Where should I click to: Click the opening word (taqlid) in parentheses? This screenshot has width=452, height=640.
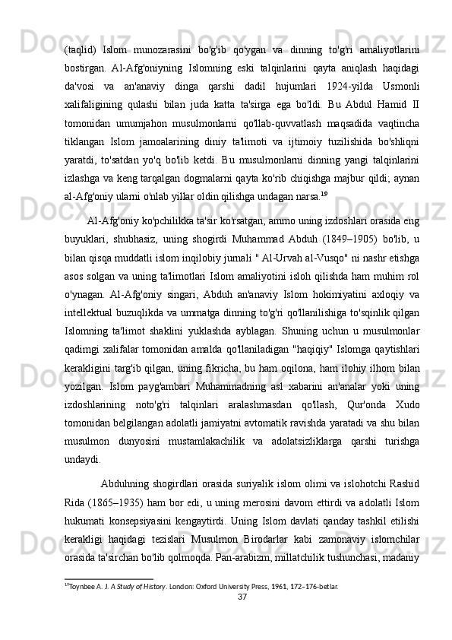coord(78,29)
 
